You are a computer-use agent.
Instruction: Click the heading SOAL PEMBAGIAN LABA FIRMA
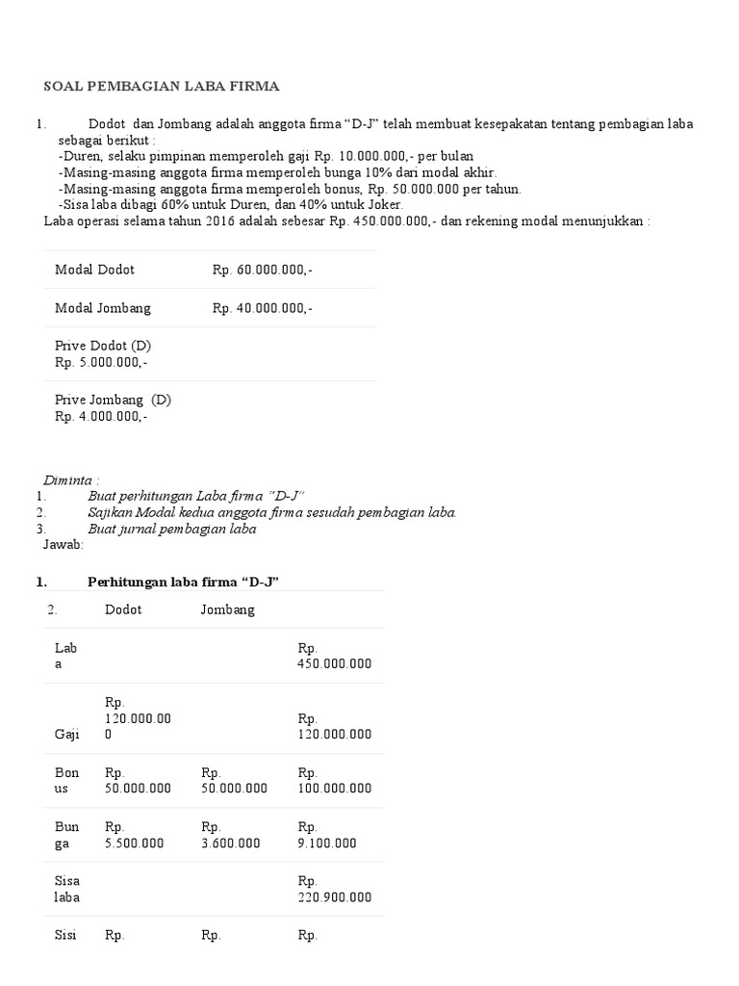tap(162, 87)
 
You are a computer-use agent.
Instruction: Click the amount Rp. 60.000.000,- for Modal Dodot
tap(263, 271)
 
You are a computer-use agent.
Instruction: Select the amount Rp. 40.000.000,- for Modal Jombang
tap(263, 309)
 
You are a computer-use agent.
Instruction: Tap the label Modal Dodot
tap(94, 271)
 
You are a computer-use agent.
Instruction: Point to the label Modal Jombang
tap(103, 309)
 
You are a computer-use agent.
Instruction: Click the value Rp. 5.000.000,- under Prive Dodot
tap(101, 363)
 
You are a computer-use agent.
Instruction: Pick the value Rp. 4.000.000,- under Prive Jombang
tap(101, 417)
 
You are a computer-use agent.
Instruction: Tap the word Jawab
tap(64, 544)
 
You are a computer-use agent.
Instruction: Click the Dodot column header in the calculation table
tap(123, 610)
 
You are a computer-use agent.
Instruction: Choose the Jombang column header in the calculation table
tap(228, 610)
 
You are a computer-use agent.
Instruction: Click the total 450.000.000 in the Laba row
tap(335, 664)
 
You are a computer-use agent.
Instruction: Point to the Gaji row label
tap(67, 734)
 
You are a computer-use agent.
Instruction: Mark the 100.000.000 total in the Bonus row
tap(335, 789)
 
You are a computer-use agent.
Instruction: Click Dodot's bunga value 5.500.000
tap(135, 843)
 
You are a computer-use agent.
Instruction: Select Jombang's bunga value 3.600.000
tap(231, 843)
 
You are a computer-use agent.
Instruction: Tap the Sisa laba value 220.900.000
tap(335, 897)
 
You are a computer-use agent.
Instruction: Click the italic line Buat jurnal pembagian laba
tap(186, 529)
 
